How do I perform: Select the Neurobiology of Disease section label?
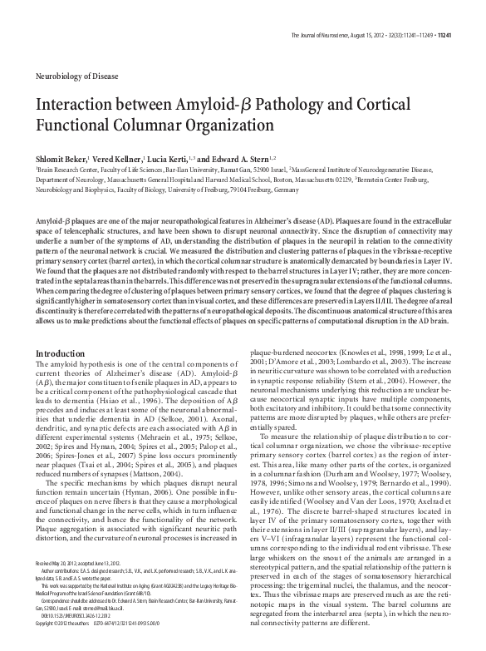click(x=72, y=74)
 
